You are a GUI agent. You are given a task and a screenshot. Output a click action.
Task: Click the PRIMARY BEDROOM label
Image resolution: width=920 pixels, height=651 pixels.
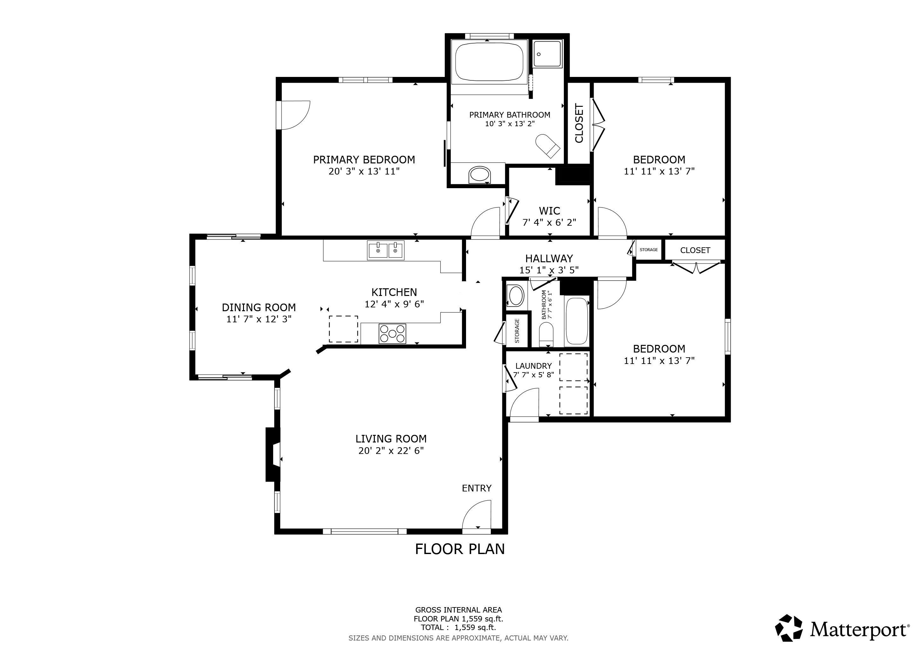(x=364, y=160)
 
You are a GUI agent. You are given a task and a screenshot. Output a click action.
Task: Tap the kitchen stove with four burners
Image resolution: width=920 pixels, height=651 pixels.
(x=392, y=333)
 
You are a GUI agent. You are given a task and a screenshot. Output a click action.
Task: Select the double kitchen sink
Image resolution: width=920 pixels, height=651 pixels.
(x=385, y=250)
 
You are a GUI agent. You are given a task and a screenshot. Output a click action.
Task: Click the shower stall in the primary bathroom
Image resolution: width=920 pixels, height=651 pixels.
(x=547, y=54)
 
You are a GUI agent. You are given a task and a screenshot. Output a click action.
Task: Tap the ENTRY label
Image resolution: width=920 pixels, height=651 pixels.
(x=477, y=488)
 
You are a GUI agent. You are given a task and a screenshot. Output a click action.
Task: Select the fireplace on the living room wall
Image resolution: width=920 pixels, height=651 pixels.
(x=273, y=454)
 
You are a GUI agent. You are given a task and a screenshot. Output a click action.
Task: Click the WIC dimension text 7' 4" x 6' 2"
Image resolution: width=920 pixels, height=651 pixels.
(x=549, y=222)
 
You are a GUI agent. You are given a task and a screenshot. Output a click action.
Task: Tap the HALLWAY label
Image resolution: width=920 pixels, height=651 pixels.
(x=549, y=258)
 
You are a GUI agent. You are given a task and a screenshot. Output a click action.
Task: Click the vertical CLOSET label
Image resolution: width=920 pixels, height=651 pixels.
(x=579, y=123)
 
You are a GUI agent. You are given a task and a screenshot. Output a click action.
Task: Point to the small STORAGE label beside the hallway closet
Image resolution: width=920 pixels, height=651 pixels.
(x=648, y=250)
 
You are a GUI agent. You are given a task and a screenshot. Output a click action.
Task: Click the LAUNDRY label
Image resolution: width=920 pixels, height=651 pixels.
(x=533, y=366)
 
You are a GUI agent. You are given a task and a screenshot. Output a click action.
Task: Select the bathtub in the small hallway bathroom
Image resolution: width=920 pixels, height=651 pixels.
(x=577, y=321)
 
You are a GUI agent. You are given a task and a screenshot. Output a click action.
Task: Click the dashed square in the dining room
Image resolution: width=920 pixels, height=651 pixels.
(x=343, y=329)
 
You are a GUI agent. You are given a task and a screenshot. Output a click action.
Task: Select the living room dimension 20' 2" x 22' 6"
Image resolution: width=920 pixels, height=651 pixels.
(x=391, y=450)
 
